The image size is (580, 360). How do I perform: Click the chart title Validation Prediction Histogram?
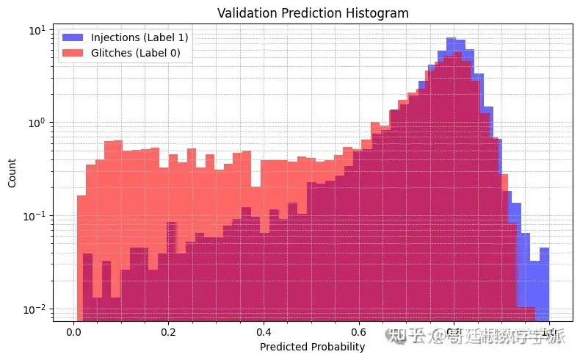click(312, 12)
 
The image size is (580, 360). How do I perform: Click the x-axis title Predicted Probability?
click(312, 347)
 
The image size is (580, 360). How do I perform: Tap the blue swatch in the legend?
click(73, 37)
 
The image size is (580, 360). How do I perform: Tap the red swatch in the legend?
click(73, 52)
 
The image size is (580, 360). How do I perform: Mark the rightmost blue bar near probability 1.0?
click(544, 287)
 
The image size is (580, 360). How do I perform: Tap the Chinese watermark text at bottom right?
click(477, 336)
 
